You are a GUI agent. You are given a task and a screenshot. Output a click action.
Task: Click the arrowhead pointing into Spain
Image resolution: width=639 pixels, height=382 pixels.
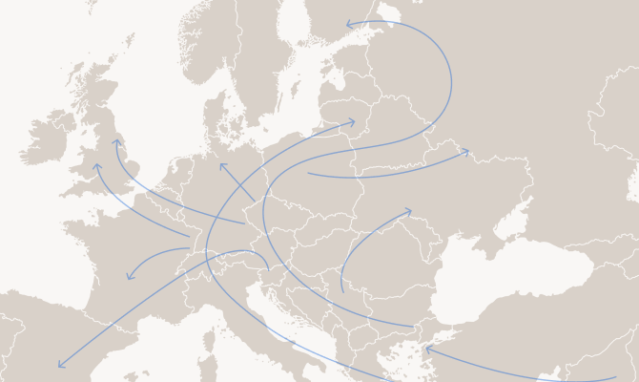[x=59, y=366]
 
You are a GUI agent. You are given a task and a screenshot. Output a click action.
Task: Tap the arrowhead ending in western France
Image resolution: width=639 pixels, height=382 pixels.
[x=129, y=278]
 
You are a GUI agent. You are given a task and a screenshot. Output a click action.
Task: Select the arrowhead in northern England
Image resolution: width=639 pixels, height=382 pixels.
[x=116, y=141]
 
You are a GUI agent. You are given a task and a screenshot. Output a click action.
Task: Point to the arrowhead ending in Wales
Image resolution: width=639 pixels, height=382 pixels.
[x=96, y=165]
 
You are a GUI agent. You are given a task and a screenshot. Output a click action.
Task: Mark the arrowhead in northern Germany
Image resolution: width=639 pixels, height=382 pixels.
[x=221, y=164]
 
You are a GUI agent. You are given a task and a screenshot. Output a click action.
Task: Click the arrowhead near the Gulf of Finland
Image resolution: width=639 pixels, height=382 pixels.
[x=348, y=24]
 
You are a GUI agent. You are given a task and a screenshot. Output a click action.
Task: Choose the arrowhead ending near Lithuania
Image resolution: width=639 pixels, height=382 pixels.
[x=353, y=121]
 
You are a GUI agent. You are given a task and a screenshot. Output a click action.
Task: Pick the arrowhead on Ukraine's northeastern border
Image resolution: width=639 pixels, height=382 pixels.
[x=467, y=151]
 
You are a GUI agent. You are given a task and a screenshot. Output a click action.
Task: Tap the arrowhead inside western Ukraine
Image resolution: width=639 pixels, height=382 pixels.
[x=409, y=210]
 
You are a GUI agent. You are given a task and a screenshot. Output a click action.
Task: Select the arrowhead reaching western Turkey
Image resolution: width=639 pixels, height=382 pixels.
[x=427, y=349]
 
